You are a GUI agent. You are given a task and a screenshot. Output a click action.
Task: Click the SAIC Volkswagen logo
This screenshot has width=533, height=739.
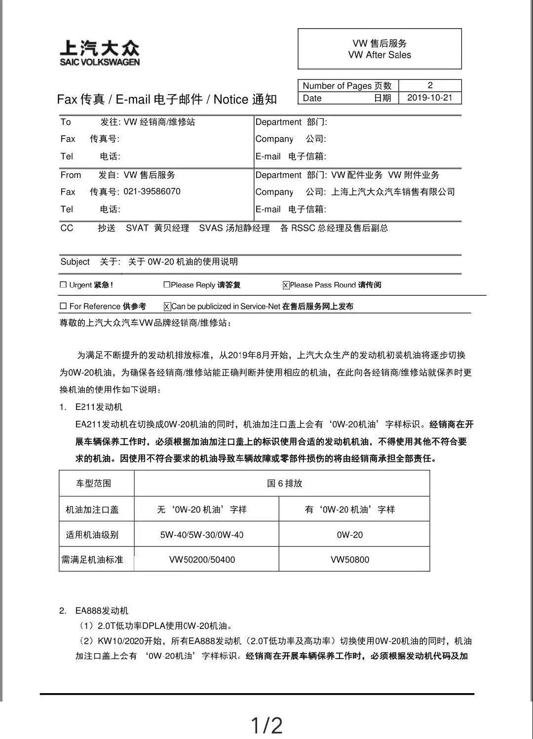pyautogui.click(x=100, y=53)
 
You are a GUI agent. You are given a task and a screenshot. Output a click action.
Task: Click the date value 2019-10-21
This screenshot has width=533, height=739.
pyautogui.click(x=429, y=98)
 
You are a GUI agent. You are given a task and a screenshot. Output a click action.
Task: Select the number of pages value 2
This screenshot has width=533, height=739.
pyautogui.click(x=430, y=85)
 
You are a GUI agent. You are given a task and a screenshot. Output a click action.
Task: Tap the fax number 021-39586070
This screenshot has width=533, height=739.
pyautogui.click(x=152, y=191)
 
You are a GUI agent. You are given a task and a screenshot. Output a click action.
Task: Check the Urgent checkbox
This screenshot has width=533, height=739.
pyautogui.click(x=63, y=285)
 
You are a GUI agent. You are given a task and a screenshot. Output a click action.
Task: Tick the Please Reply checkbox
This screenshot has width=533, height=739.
pyautogui.click(x=167, y=285)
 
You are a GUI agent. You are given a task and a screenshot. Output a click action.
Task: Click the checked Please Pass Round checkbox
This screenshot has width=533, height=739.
pyautogui.click(x=286, y=285)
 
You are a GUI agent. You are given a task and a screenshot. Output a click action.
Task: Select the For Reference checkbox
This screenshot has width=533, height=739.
pyautogui.click(x=63, y=306)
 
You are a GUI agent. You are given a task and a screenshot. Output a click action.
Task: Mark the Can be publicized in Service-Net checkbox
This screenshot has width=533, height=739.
pyautogui.click(x=167, y=307)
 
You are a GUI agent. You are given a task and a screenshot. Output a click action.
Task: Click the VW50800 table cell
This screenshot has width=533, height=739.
pyautogui.click(x=350, y=559)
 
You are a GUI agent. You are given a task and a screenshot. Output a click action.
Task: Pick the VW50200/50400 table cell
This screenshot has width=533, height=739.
pyautogui.click(x=202, y=559)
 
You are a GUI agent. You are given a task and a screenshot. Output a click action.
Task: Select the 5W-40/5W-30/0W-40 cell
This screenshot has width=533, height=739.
pyautogui.click(x=202, y=535)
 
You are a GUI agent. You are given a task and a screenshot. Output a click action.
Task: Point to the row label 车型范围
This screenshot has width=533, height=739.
pyautogui.click(x=93, y=483)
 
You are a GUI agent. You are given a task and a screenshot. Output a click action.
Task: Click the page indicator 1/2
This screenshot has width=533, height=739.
pyautogui.click(x=266, y=726)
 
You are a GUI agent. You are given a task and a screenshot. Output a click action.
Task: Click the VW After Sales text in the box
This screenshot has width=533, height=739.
pyautogui.click(x=380, y=55)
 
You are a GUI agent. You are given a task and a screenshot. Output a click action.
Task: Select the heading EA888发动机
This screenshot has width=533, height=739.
pyautogui.click(x=102, y=611)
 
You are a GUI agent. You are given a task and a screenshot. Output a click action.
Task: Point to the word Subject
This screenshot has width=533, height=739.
pyautogui.click(x=75, y=262)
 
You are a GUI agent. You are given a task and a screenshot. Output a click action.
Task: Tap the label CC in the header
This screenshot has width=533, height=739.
pyautogui.click(x=67, y=228)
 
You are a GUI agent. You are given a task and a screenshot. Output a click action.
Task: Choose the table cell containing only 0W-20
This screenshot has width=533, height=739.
pyautogui.click(x=350, y=535)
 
